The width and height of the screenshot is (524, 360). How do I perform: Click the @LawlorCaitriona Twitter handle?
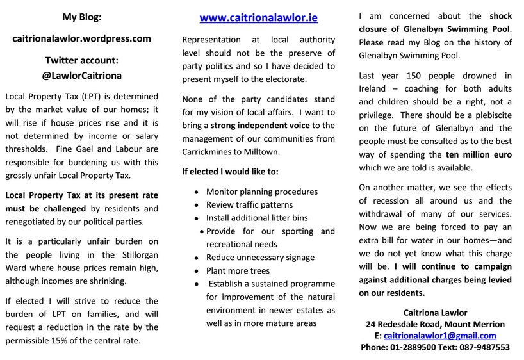(x=81, y=75)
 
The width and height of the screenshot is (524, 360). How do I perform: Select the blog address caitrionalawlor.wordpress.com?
(x=81, y=38)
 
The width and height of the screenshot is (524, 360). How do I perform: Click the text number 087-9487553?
(x=482, y=347)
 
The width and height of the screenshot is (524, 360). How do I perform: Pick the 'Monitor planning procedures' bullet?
(x=261, y=192)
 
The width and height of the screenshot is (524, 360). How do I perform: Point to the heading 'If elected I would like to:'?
(x=230, y=172)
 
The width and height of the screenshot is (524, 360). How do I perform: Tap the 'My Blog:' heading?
(x=81, y=16)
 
